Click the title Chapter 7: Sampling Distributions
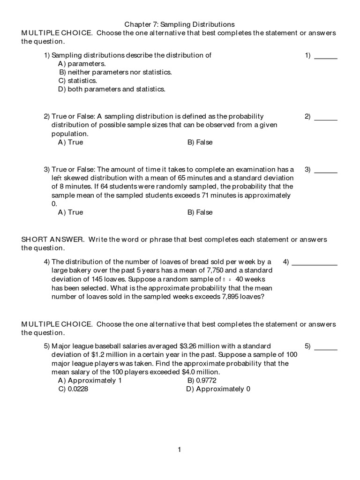pyautogui.click(x=180, y=23)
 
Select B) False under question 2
pyautogui.click(x=200, y=142)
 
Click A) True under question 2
pyautogui.click(x=70, y=142)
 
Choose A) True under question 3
pyautogui.click(x=70, y=212)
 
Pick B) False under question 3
pyautogui.click(x=200, y=212)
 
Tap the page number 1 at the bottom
pyautogui.click(x=179, y=450)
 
